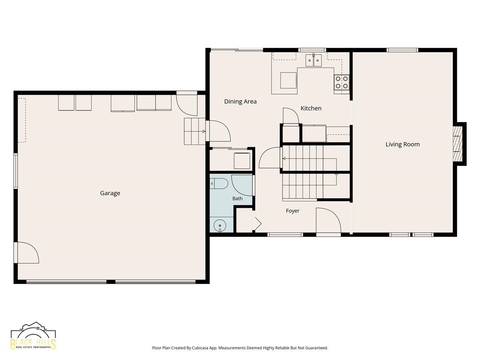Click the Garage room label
[110, 193]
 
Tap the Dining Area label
[240, 102]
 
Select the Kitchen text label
[311, 108]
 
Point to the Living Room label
[402, 144]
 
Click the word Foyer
[292, 211]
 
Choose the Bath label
[238, 198]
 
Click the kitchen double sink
[314, 60]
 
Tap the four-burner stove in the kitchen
[342, 82]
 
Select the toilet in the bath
[219, 184]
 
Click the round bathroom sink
[220, 225]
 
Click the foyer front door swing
[328, 222]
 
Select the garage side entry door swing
[26, 252]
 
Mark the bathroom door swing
[242, 185]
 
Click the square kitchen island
[288, 80]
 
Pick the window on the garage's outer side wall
[16, 171]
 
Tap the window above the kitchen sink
[312, 50]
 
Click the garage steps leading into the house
[195, 131]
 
